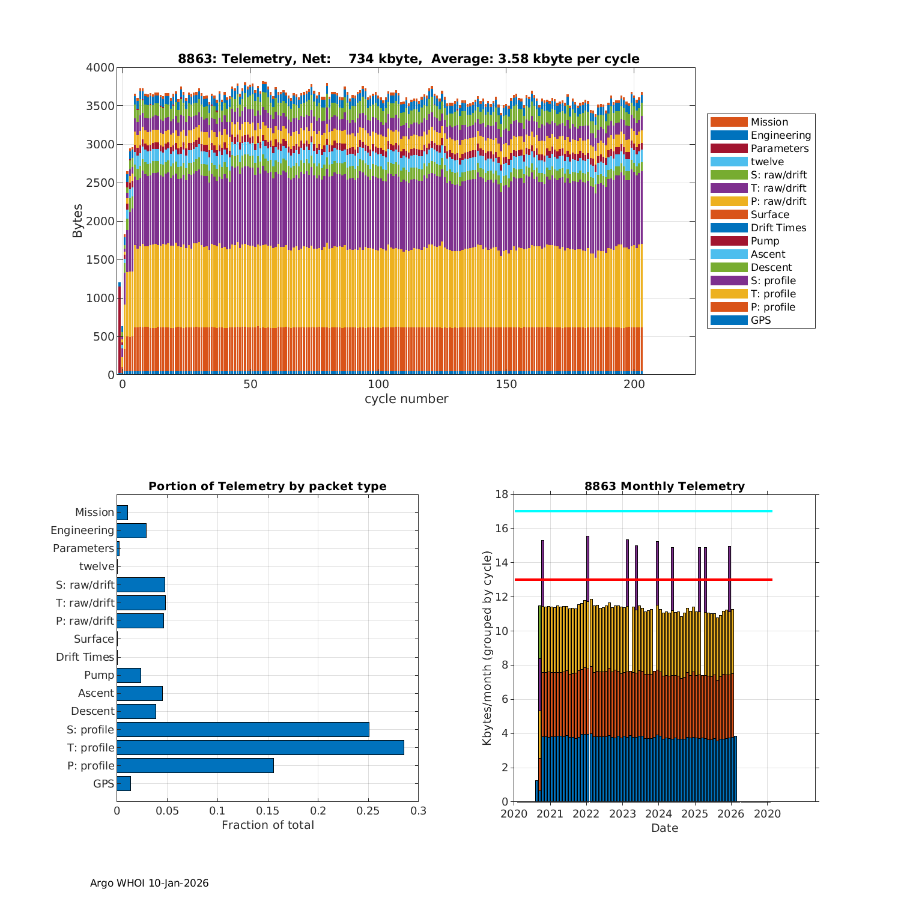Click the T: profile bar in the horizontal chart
coord(260,747)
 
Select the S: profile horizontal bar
coord(243,729)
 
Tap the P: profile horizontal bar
coord(195,765)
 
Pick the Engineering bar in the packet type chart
coord(132,530)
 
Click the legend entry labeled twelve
coord(767,162)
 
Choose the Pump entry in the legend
coord(765,241)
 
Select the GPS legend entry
coord(760,320)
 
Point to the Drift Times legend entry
coord(778,228)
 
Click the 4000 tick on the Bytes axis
coord(100,68)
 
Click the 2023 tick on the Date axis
coord(622,814)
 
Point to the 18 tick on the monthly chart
coord(501,494)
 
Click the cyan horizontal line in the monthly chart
coord(643,511)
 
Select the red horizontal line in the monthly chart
coord(643,580)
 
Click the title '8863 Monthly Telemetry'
coord(664,487)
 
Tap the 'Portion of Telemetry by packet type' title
coord(267,487)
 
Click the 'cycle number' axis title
coord(406,399)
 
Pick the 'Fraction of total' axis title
coord(267,825)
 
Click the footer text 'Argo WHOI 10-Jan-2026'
coord(149,883)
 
